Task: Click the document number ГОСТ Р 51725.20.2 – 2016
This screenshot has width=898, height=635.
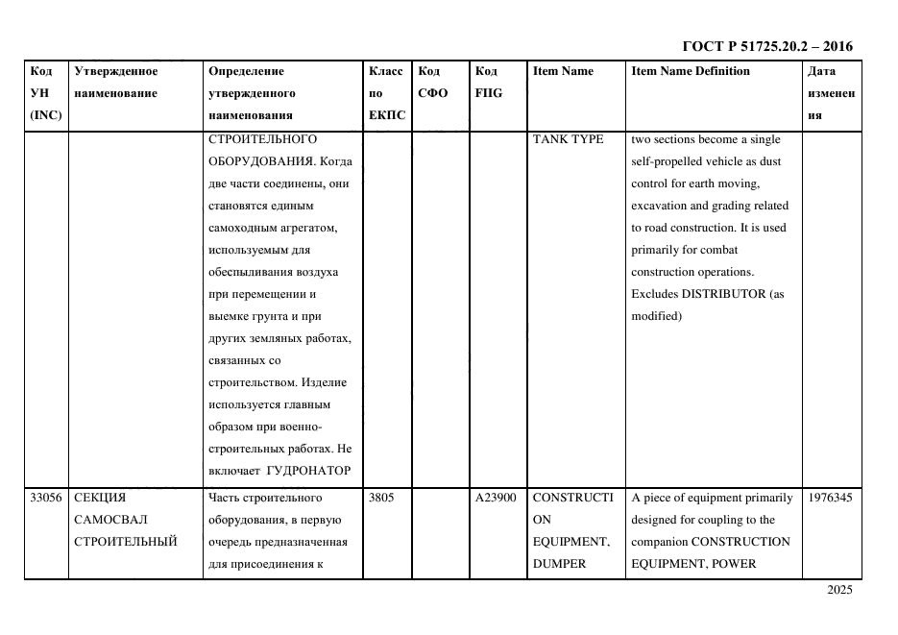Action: [766, 46]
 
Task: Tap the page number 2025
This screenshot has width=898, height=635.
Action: [838, 590]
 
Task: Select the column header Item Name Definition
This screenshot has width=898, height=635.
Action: [690, 71]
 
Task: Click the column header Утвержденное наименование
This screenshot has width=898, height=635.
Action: [115, 82]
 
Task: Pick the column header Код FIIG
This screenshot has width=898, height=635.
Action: [488, 82]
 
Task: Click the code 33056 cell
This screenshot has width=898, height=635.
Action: [45, 498]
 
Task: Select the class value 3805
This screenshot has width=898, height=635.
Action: [381, 498]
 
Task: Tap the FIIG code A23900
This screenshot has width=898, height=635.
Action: [496, 498]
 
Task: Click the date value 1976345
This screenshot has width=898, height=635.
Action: [829, 498]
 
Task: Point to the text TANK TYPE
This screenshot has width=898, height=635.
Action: [568, 139]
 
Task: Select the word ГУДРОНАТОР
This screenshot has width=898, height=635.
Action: [308, 471]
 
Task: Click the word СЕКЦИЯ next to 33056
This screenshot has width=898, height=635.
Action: [100, 498]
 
